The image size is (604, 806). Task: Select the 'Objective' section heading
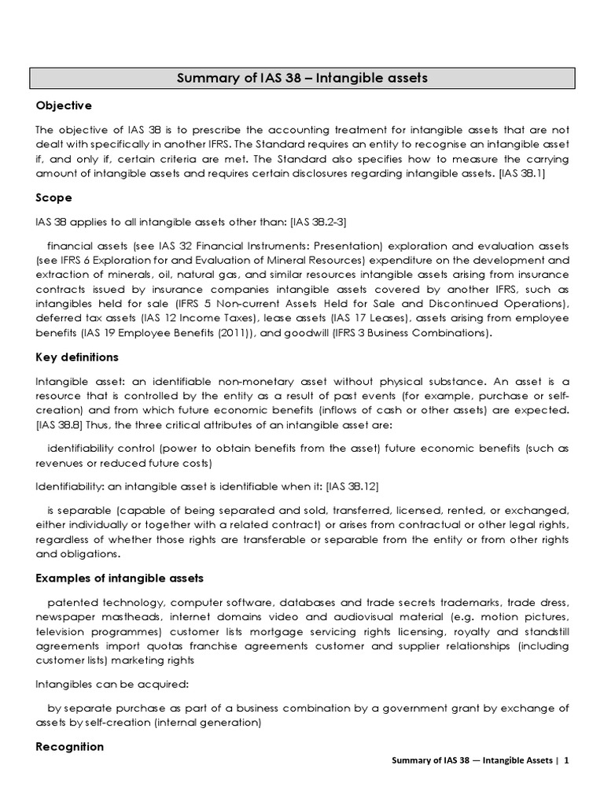tap(64, 105)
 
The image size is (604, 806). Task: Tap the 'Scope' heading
tap(54, 198)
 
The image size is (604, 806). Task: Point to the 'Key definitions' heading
tap(77, 357)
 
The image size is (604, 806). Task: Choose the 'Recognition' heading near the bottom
tap(70, 746)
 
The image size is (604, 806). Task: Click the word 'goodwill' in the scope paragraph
tap(319, 334)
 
